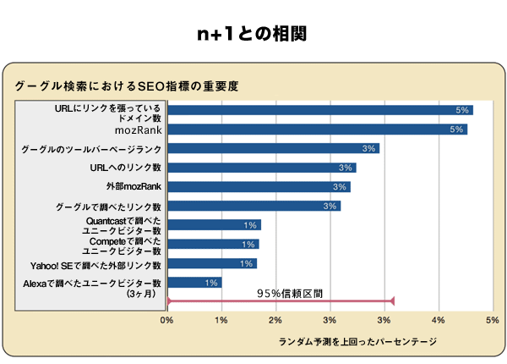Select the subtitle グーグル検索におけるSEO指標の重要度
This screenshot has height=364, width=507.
(127, 86)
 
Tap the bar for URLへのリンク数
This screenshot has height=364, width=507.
(261, 168)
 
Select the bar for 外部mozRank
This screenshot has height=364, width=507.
(259, 186)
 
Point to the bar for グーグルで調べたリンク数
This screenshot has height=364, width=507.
(253, 206)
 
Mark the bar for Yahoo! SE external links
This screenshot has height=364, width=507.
(211, 263)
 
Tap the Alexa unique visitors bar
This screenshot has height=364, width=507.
(194, 283)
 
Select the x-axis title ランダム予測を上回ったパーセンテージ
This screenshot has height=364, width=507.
(357, 341)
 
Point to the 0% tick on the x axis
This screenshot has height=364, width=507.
(167, 320)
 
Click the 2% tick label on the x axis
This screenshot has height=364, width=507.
(275, 320)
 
